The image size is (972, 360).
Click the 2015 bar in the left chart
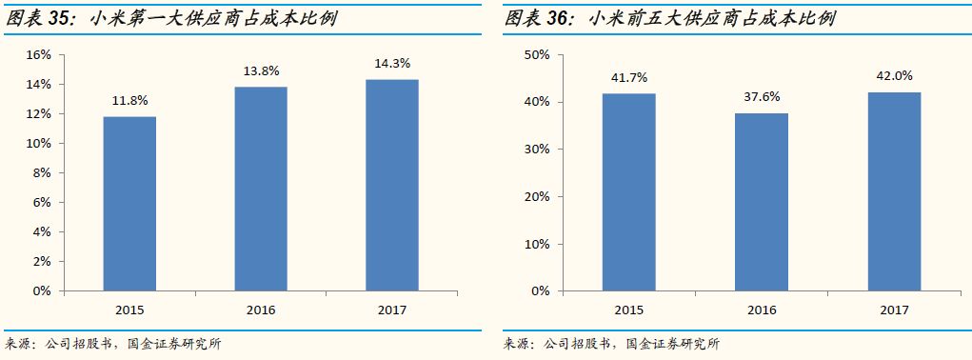(x=129, y=203)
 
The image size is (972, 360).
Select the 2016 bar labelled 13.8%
(x=261, y=189)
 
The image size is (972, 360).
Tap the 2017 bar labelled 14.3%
(x=391, y=185)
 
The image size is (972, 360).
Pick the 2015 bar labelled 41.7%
(x=628, y=191)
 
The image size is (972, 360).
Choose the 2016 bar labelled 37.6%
(x=762, y=201)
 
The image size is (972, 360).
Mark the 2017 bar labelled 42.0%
(x=894, y=190)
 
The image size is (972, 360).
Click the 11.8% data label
(x=129, y=100)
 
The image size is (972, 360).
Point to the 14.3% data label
(x=391, y=63)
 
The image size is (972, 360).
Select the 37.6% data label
(x=762, y=96)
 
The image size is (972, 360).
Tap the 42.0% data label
(x=894, y=75)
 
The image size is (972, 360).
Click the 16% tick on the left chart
(x=38, y=55)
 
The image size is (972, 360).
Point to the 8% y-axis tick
(x=41, y=173)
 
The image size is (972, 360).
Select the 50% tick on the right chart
(x=537, y=55)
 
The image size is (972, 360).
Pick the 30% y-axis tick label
(x=537, y=150)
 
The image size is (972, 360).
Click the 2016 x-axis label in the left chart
(x=261, y=310)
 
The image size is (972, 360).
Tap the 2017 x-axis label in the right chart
(x=894, y=310)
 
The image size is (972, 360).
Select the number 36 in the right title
(x=559, y=18)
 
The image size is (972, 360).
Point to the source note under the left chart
(x=113, y=344)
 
